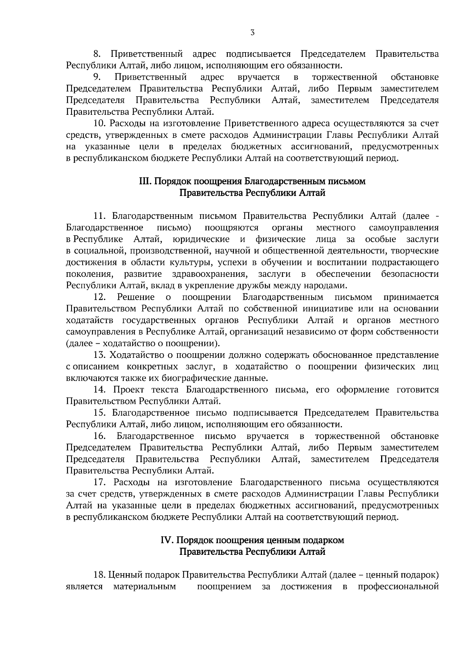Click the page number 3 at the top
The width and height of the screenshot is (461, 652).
tap(252, 33)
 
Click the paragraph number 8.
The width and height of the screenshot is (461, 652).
tap(97, 54)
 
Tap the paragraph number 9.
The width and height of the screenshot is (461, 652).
tap(97, 77)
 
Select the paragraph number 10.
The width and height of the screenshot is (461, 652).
tap(99, 123)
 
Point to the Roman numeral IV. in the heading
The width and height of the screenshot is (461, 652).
tap(167, 540)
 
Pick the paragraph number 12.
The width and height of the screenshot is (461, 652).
tap(99, 297)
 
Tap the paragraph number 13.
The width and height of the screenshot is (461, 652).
tap(99, 355)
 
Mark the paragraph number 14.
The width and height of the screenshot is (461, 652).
tap(99, 390)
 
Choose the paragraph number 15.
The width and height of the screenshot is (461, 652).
tap(99, 413)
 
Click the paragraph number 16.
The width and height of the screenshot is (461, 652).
tap(99, 436)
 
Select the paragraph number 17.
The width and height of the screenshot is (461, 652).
tap(99, 482)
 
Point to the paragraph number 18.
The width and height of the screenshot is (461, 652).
tap(99, 575)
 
